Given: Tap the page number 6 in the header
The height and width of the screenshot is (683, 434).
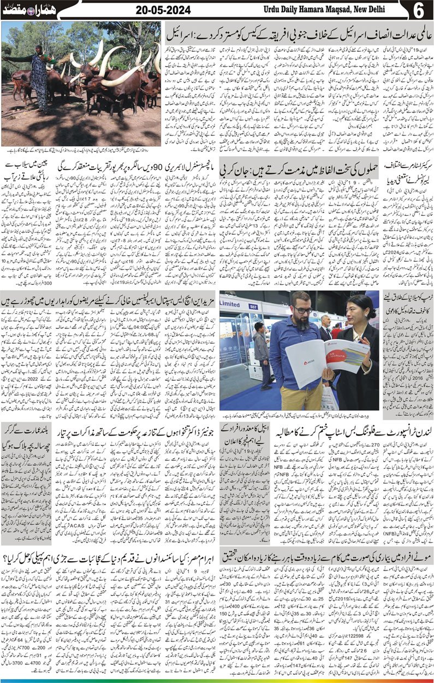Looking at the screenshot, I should pyautogui.click(x=420, y=10).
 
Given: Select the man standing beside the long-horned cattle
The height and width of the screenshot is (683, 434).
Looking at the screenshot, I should pyautogui.click(x=39, y=76).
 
